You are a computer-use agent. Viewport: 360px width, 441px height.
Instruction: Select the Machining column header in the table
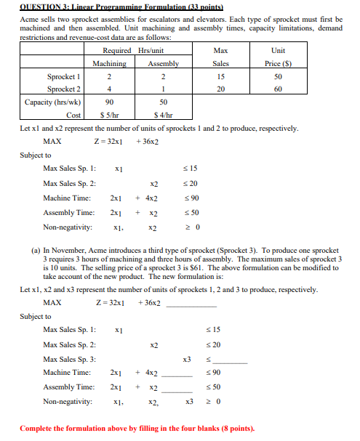pyautogui.click(x=109, y=63)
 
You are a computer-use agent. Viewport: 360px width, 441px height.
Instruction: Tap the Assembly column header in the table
pyautogui.click(x=163, y=63)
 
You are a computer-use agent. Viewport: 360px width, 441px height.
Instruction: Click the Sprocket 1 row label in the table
pyautogui.click(x=65, y=76)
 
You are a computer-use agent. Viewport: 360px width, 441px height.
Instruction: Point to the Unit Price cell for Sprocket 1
pyautogui.click(x=277, y=76)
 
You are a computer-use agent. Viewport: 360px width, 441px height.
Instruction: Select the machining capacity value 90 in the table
pyautogui.click(x=109, y=102)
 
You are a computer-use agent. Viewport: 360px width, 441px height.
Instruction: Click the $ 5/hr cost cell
pyautogui.click(x=109, y=116)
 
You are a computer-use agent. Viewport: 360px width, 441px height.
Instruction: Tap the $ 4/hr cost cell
pyautogui.click(x=163, y=116)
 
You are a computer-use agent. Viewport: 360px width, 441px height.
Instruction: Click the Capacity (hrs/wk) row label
pyautogui.click(x=52, y=102)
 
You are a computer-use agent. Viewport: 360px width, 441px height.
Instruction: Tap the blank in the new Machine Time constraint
pyautogui.click(x=175, y=374)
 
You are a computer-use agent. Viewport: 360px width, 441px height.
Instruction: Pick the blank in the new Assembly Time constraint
pyautogui.click(x=175, y=389)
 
